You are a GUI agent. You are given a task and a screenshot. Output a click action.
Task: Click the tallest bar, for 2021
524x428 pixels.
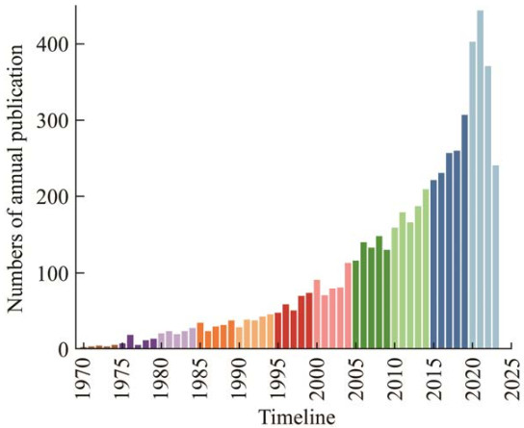tap(480, 180)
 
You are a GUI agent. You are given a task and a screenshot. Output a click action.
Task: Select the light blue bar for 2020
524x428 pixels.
tap(472, 195)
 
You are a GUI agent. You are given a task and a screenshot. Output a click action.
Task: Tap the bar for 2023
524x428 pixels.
tap(496, 257)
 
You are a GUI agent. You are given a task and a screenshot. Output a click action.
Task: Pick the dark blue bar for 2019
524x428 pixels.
tap(464, 232)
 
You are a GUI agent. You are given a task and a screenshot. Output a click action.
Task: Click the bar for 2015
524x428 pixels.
tap(433, 264)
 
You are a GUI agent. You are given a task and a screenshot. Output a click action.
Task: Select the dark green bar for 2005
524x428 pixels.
tap(355, 305)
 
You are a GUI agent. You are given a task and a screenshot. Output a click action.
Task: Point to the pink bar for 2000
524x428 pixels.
tap(317, 315)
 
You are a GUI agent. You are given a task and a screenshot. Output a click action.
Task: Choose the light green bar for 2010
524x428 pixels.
tap(395, 289)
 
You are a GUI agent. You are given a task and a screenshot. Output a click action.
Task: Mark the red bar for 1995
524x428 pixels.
tap(278, 331)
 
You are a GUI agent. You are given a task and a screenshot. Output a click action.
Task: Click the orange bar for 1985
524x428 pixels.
tap(200, 336)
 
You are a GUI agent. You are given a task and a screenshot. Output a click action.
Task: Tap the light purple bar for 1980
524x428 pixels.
tap(162, 340)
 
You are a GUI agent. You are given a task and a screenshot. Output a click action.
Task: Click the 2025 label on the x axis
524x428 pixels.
tap(511, 379)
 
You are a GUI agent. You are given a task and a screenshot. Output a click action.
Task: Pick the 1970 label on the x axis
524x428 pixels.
tap(84, 379)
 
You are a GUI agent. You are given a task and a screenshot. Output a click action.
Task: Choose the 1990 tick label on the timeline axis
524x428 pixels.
tap(239, 379)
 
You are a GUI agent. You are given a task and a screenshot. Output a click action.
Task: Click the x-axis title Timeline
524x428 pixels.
tap(297, 417)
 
